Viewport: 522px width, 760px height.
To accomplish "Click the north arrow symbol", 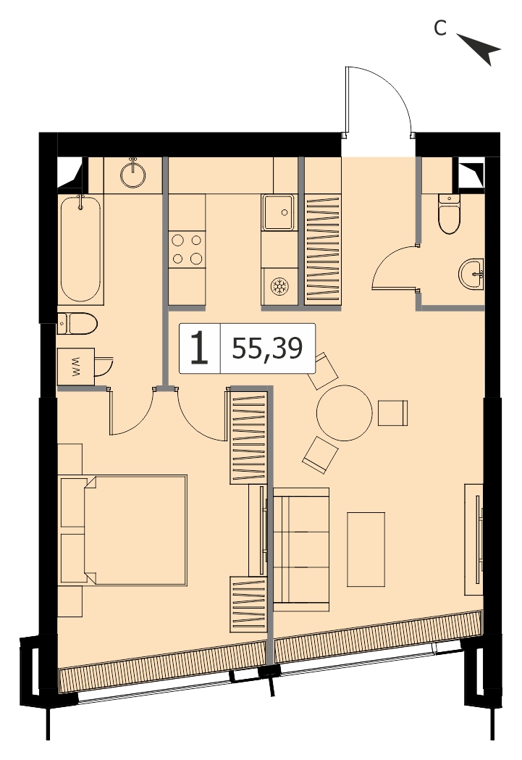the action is click(x=481, y=49).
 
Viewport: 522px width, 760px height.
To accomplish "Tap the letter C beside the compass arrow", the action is click(x=439, y=28).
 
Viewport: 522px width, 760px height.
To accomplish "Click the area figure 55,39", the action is click(x=267, y=348).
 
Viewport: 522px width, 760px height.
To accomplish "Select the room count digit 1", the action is click(x=199, y=348).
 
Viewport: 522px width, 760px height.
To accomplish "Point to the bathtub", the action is click(x=81, y=249).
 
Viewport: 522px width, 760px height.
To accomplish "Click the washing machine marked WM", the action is click(x=75, y=367).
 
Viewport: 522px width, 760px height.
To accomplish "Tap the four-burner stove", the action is click(x=187, y=249).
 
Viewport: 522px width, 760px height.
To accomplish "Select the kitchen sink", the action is click(x=279, y=212).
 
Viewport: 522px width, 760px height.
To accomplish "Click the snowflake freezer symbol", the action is click(x=279, y=286).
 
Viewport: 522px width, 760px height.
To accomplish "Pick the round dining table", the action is click(x=345, y=413).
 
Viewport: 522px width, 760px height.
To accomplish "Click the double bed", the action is click(x=135, y=530).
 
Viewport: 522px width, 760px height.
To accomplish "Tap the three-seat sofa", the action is click(x=301, y=549).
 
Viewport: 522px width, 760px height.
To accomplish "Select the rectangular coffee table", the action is click(x=366, y=549).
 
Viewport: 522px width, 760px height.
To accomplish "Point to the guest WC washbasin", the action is click(x=471, y=274).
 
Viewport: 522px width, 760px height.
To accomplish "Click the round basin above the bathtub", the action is click(x=132, y=175).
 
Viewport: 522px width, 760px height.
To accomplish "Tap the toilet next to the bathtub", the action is click(x=77, y=324).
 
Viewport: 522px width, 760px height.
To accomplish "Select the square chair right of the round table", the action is click(x=392, y=413).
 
